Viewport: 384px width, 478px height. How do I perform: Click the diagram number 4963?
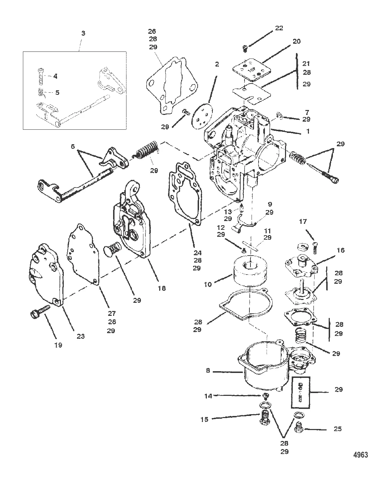(x=361, y=455)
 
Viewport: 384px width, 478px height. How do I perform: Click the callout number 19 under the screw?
(x=58, y=345)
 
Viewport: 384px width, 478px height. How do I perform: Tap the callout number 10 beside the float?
(x=208, y=284)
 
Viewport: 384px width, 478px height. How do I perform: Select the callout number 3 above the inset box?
(x=83, y=33)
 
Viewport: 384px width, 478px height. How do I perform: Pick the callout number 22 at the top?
(x=279, y=28)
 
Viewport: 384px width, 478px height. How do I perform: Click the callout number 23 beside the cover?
(x=81, y=336)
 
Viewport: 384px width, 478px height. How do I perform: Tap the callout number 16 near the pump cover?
(x=341, y=250)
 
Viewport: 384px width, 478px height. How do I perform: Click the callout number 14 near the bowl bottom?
(x=208, y=396)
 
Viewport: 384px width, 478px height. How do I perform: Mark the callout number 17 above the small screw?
(x=303, y=222)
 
